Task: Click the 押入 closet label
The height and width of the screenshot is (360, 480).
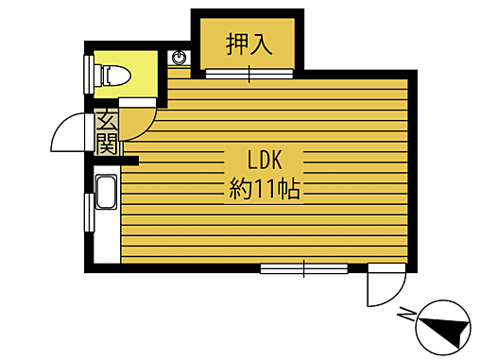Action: [249, 43]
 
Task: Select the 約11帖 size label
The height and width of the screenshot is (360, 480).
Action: [265, 188]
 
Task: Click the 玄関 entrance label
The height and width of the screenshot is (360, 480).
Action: [106, 132]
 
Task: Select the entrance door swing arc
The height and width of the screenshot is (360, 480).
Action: [66, 134]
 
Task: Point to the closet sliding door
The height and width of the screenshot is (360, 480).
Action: [249, 74]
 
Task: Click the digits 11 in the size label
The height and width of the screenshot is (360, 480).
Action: [264, 189]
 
